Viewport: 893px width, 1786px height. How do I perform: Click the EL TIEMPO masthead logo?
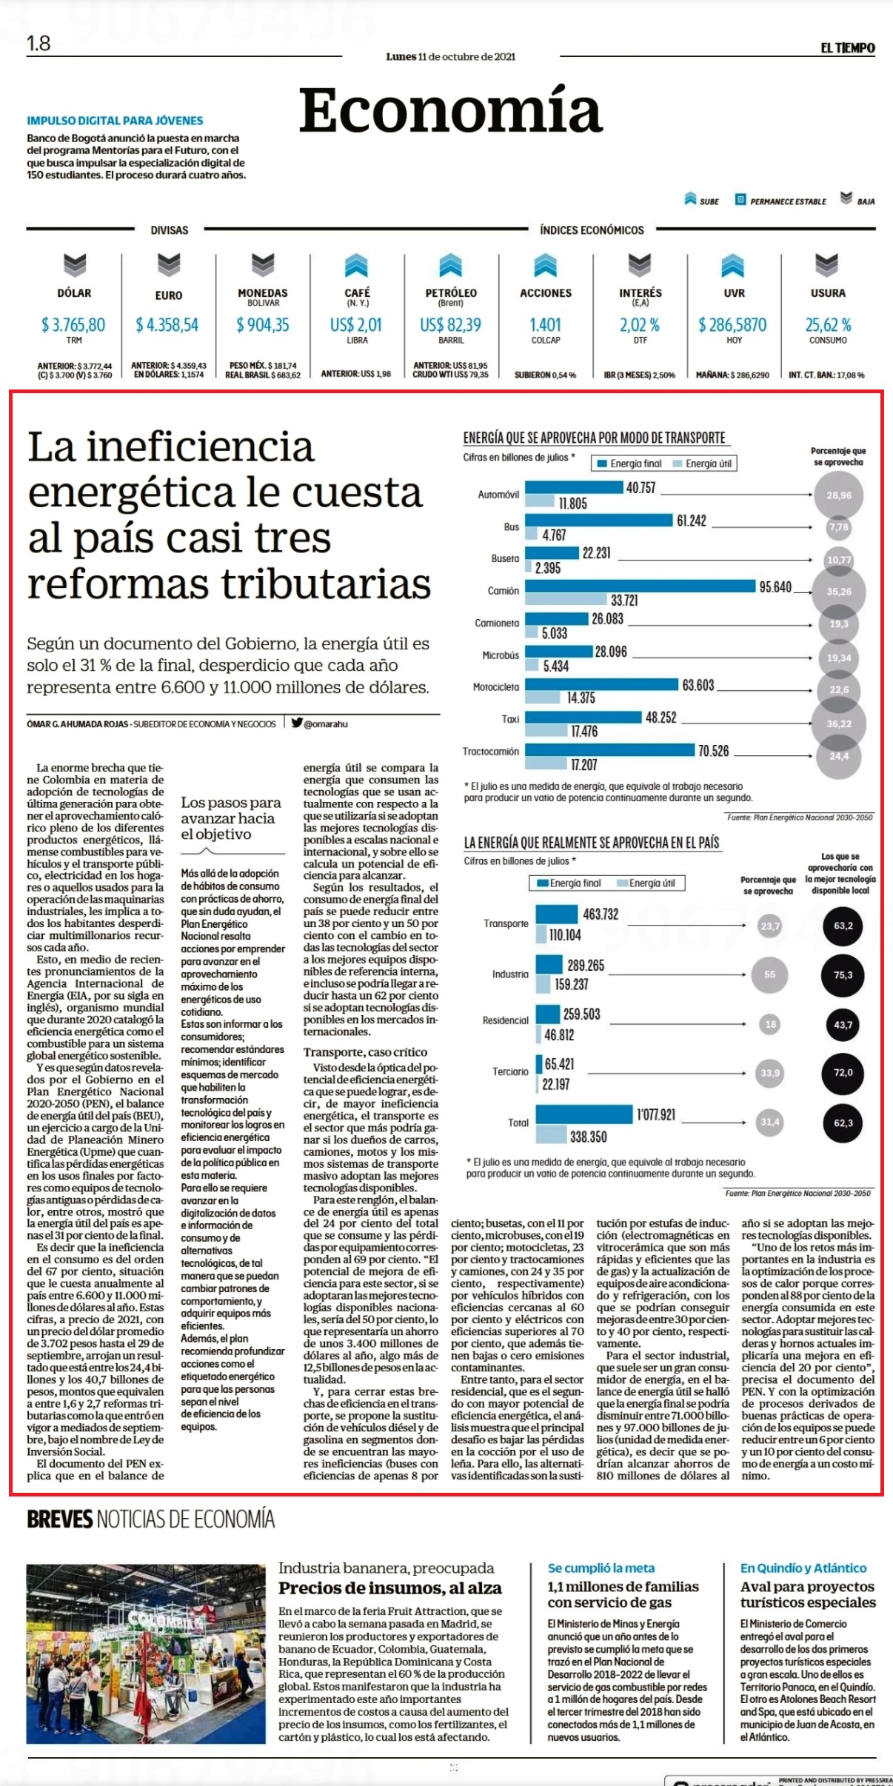[847, 48]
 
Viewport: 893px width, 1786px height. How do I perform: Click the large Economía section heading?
[450, 110]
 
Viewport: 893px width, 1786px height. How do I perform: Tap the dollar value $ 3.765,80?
[73, 325]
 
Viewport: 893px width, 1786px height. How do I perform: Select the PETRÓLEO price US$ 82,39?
[450, 325]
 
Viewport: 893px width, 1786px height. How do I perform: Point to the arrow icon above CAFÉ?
[357, 265]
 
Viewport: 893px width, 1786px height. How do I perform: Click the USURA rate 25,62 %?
[828, 325]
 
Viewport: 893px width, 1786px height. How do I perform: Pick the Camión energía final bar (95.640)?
[641, 586]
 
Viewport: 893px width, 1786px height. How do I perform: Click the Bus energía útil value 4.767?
[554, 535]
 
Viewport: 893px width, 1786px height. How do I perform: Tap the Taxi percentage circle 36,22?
[838, 723]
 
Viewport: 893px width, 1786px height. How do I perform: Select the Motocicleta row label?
[496, 687]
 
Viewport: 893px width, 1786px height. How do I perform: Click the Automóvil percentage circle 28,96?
[838, 495]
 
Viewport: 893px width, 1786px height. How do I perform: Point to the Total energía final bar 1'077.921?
[584, 1115]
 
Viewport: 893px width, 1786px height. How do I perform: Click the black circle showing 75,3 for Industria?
[843, 975]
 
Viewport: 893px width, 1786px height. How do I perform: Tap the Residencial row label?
[506, 1020]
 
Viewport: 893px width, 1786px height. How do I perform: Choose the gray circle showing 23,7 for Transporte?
[770, 926]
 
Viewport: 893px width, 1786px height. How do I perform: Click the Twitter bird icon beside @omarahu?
[296, 723]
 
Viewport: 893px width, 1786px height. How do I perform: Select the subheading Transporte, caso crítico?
[365, 1052]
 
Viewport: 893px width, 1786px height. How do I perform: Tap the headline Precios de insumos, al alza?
[390, 1588]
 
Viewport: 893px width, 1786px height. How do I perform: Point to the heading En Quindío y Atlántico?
[803, 1568]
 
